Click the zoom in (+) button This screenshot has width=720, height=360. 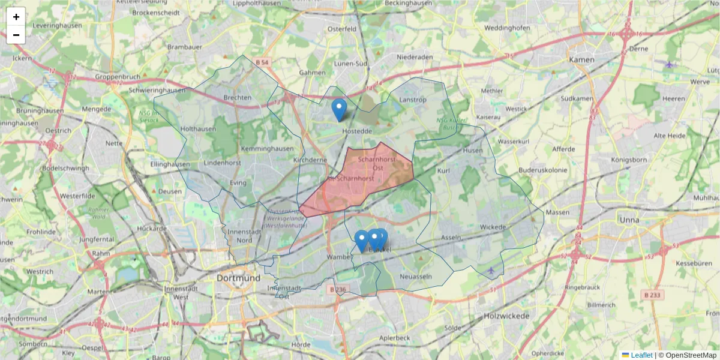16,17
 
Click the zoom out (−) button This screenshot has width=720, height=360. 16,35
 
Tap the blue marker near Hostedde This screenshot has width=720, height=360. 339,109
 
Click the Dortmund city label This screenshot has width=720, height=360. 239,278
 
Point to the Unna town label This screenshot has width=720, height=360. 630,220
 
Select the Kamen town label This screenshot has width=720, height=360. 581,60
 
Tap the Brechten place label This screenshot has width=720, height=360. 237,98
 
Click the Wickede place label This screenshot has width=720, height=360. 493,227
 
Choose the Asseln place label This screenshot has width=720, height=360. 451,237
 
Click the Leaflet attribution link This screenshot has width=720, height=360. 641,355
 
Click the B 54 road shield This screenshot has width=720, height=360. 262,62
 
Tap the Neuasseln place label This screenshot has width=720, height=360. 416,276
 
